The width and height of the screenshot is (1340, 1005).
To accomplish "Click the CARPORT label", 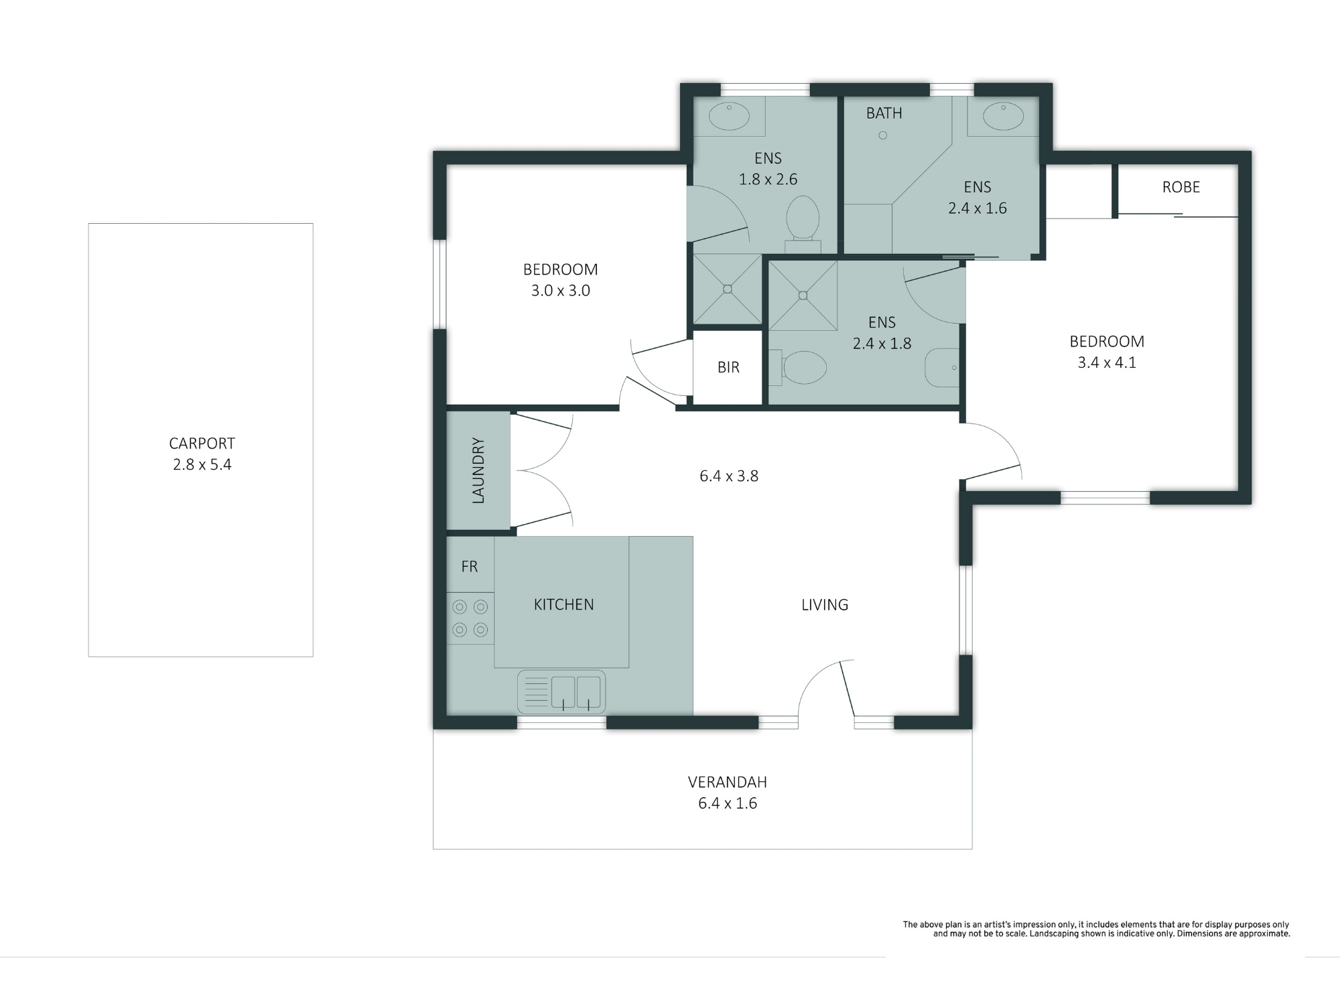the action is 202,444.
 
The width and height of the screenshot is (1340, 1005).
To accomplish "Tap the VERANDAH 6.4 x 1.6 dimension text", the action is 728,803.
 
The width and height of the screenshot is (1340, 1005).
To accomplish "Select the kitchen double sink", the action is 561,692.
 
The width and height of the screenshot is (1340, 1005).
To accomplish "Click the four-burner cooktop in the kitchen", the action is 470,618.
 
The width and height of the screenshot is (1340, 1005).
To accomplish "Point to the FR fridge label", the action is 470,567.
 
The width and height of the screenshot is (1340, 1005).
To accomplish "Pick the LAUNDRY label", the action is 478,470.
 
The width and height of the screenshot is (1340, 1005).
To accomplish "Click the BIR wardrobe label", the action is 728,367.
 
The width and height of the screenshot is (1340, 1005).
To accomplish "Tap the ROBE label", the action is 1181,187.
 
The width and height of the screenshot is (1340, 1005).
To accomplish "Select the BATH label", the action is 884,113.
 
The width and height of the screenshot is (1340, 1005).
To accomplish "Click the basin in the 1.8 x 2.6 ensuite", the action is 729,117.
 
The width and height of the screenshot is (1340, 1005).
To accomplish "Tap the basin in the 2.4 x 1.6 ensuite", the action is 1003,117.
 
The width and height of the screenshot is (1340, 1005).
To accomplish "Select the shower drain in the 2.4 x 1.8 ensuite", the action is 803,295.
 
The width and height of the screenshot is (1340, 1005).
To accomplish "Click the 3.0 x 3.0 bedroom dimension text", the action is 561,291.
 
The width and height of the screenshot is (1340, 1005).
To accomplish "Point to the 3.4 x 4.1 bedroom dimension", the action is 1107,362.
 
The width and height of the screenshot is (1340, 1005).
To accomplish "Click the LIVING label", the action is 825,605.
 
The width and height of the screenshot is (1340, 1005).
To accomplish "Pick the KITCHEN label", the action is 563,605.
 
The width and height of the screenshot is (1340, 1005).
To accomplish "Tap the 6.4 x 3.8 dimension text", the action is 729,476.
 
